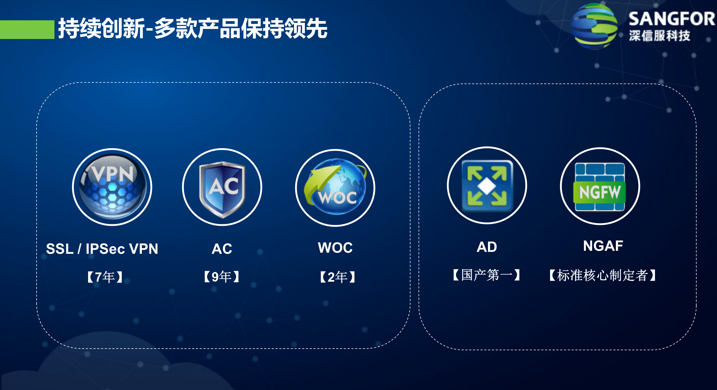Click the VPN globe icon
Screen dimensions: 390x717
click(x=112, y=187)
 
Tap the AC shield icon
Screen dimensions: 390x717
click(x=222, y=187)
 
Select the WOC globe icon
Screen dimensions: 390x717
click(x=335, y=188)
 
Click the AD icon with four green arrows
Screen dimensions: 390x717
click(x=487, y=186)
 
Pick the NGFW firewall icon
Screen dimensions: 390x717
click(x=600, y=186)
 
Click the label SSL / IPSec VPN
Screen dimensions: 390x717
click(x=102, y=249)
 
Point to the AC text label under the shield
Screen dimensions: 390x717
click(x=222, y=249)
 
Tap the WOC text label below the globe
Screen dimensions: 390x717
click(x=335, y=248)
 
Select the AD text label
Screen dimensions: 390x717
click(x=487, y=247)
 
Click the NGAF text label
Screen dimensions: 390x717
click(x=603, y=246)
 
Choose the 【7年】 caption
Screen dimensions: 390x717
click(x=105, y=277)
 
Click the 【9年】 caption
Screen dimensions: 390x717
click(x=222, y=277)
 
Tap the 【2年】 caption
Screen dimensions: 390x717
click(x=337, y=277)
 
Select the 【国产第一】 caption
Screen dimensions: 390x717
click(x=487, y=275)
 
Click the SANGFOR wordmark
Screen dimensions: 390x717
click(x=671, y=19)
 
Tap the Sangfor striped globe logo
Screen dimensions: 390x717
click(x=594, y=27)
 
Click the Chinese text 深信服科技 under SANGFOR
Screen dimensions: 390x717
click(x=659, y=36)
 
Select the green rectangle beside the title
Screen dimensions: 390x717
click(x=27, y=30)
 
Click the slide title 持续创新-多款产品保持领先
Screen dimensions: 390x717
click(x=193, y=28)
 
